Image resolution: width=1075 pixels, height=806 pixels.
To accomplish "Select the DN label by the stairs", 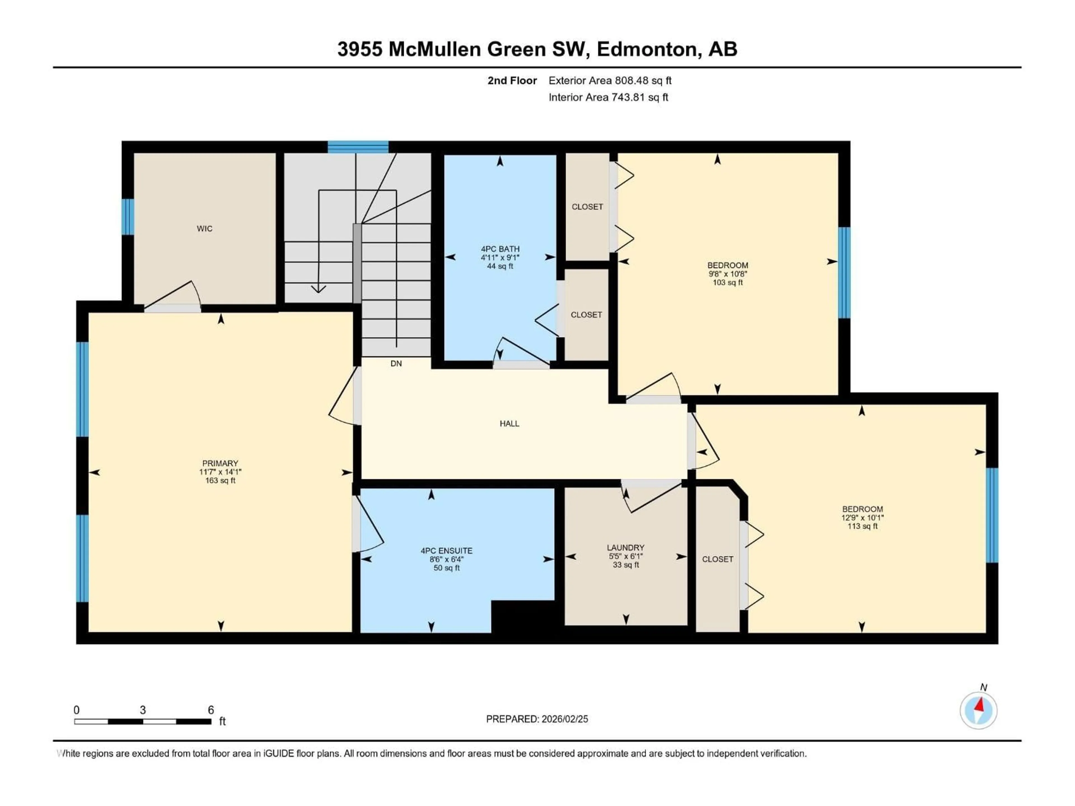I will click(396, 364).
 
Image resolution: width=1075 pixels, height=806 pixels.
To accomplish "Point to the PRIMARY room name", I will click(220, 463).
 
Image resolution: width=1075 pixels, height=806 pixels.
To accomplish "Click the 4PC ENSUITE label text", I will click(446, 550).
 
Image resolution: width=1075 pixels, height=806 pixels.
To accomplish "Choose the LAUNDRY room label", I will click(625, 547).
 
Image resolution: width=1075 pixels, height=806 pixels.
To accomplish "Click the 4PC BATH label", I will click(500, 249).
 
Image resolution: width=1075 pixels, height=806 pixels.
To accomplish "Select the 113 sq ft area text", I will click(862, 526).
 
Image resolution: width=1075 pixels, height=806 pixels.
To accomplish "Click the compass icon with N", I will click(978, 710).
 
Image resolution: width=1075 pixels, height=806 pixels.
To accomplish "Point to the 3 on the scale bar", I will click(143, 710).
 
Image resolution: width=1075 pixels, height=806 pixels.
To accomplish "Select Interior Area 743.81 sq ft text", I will click(608, 97).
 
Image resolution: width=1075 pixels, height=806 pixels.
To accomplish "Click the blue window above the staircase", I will click(358, 147).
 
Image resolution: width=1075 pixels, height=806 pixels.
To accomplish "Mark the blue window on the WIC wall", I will click(127, 217).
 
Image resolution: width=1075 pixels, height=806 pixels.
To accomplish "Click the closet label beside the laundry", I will click(717, 559).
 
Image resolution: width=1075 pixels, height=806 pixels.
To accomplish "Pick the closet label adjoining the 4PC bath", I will click(586, 315).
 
